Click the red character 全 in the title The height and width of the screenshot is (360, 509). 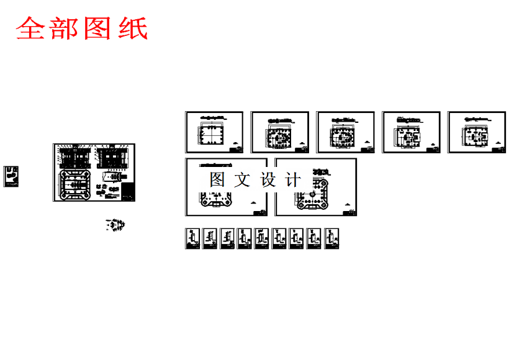[31, 29]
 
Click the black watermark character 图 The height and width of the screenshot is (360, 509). [217, 180]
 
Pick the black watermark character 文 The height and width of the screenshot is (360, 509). [243, 180]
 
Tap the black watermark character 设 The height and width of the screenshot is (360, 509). [268, 180]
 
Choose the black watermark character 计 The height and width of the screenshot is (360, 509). [293, 180]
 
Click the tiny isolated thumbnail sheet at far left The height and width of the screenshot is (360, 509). [11, 176]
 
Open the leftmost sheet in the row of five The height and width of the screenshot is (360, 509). [214, 132]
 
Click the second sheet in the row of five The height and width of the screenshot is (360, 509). [280, 132]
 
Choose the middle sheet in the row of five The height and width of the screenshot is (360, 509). [346, 132]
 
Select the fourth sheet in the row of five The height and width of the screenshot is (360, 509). [412, 132]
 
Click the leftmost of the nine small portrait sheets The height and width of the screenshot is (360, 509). [192, 238]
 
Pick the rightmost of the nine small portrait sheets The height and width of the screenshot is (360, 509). [333, 238]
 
